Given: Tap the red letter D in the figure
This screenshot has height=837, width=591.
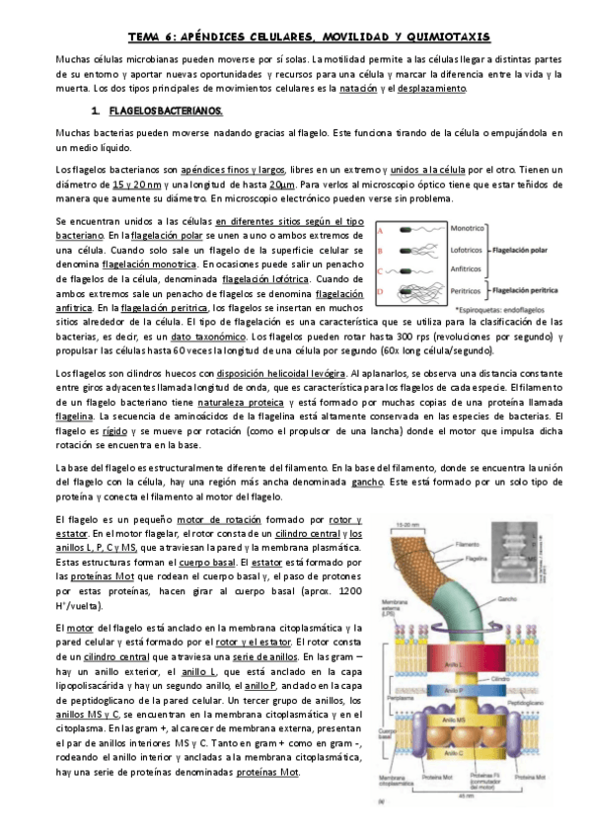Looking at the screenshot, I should pyautogui.click(x=382, y=292).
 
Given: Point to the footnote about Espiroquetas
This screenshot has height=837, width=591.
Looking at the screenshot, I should pyautogui.click(x=498, y=310).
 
